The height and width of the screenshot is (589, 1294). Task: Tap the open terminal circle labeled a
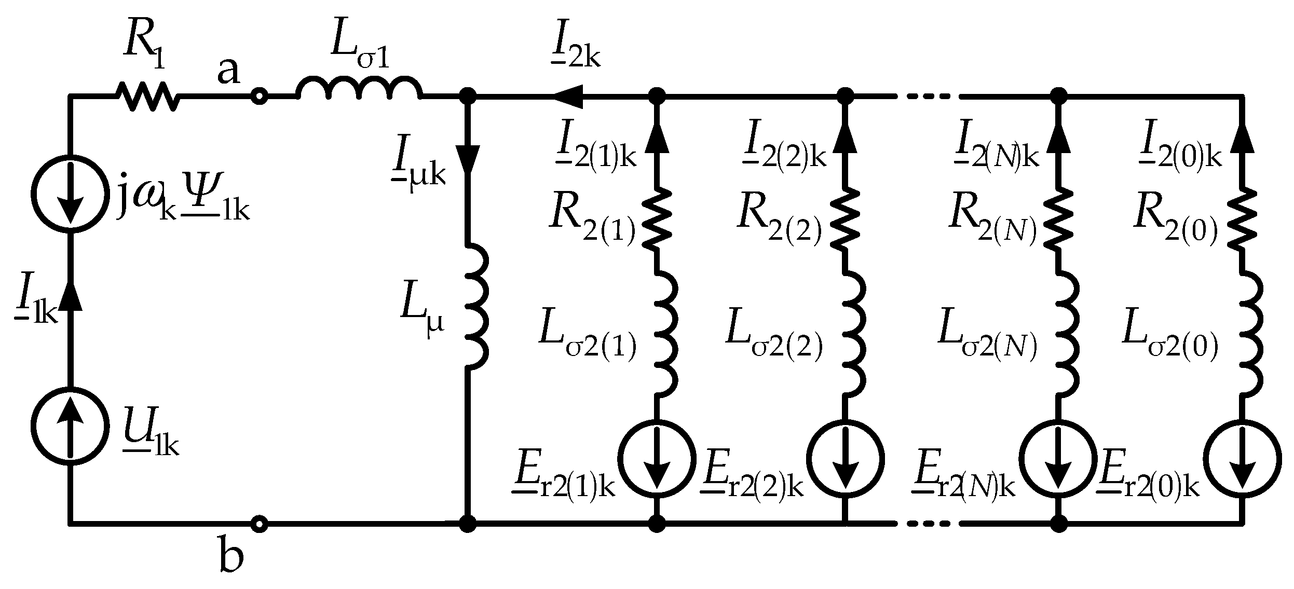(x=259, y=96)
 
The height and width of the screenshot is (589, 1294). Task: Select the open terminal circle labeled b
(x=259, y=524)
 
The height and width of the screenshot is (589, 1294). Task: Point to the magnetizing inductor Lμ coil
(x=476, y=306)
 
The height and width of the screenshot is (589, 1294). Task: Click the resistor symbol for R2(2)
(x=844, y=218)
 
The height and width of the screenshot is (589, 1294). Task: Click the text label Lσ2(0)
(x=1170, y=343)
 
